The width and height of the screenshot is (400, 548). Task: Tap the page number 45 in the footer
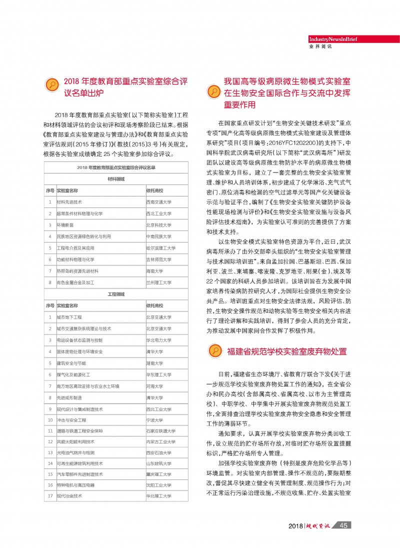tap(343, 525)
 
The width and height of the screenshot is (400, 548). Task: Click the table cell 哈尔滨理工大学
tap(160, 248)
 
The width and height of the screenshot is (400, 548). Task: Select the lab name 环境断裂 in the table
tap(65, 225)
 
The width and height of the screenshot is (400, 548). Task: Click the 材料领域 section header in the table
tap(116, 178)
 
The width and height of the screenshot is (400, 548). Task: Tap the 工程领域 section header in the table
tap(116, 294)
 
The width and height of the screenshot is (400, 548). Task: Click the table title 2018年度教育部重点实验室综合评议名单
tap(116, 167)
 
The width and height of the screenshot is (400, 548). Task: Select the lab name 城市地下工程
tap(69, 317)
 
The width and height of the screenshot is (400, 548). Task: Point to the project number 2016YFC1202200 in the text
tap(283, 141)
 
